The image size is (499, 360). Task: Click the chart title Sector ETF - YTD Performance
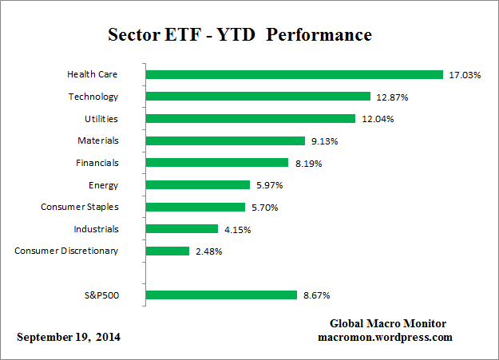pyautogui.click(x=240, y=36)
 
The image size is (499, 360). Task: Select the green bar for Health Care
pyautogui.click(x=295, y=75)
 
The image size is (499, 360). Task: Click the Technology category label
pyautogui.click(x=93, y=97)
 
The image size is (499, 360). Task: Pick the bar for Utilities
pyautogui.click(x=251, y=119)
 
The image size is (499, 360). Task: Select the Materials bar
pyautogui.click(x=226, y=140)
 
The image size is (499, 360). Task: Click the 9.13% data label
pyautogui.click(x=326, y=140)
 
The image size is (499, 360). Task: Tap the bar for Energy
pyautogui.click(x=198, y=185)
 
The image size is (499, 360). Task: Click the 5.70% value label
pyautogui.click(x=267, y=207)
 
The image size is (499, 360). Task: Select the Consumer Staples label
pyautogui.click(x=80, y=207)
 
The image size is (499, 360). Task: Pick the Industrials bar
pyautogui.click(x=182, y=229)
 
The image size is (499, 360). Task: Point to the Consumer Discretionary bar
pyautogui.click(x=168, y=251)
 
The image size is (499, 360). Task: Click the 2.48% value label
pyautogui.click(x=210, y=251)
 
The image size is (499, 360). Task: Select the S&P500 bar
pyautogui.click(x=222, y=295)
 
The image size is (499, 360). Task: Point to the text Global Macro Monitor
pyautogui.click(x=388, y=323)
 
